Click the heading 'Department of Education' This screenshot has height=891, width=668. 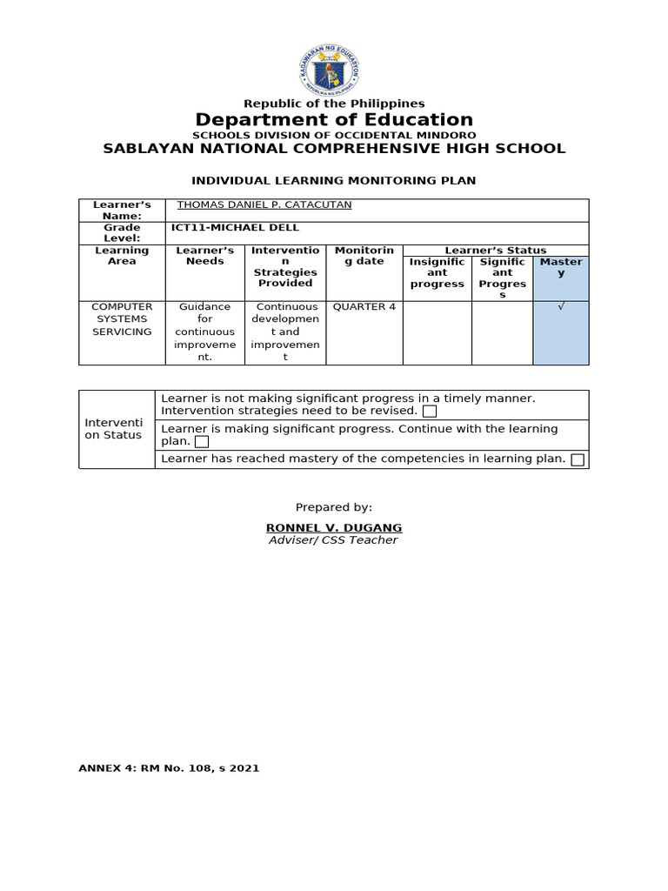pos(334,119)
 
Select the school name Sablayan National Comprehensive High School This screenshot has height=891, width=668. pos(334,148)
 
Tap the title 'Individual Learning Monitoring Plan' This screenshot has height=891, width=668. pos(334,180)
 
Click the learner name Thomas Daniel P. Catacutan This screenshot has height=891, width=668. pos(264,205)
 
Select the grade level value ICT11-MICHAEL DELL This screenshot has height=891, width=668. pos(235,228)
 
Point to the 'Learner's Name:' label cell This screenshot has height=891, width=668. pos(122,211)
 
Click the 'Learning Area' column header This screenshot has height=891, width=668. pos(122,256)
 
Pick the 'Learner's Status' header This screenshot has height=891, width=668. pos(496,251)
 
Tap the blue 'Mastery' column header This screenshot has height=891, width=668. pos(561,267)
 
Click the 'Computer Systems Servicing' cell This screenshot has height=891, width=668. pos(122,319)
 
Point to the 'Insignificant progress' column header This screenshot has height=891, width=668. pos(438,272)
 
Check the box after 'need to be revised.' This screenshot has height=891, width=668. pos(429,411)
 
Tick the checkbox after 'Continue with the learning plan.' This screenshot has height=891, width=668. pos(202,441)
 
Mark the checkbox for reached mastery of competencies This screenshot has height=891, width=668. pos(578,459)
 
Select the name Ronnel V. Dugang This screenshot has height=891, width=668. pos(333,527)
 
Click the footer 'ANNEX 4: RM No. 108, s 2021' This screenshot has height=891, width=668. pos(169,768)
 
